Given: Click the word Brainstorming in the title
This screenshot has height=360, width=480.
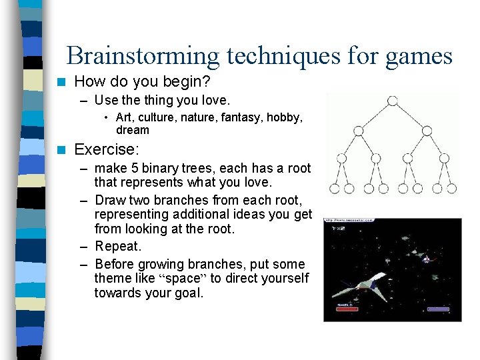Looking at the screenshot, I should click(143, 55).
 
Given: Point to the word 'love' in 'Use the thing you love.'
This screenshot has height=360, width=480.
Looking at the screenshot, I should click(215, 101).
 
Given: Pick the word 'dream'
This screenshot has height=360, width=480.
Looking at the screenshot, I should click(133, 130).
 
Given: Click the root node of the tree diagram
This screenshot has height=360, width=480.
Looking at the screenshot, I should click(393, 101).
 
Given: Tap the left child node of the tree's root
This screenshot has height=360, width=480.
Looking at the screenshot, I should click(359, 130).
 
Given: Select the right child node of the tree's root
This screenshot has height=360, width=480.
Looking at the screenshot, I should click(427, 130).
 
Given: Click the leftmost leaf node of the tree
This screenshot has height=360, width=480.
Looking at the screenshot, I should click(332, 189).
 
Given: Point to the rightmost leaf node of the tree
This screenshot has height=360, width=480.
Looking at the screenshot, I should click(452, 189).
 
